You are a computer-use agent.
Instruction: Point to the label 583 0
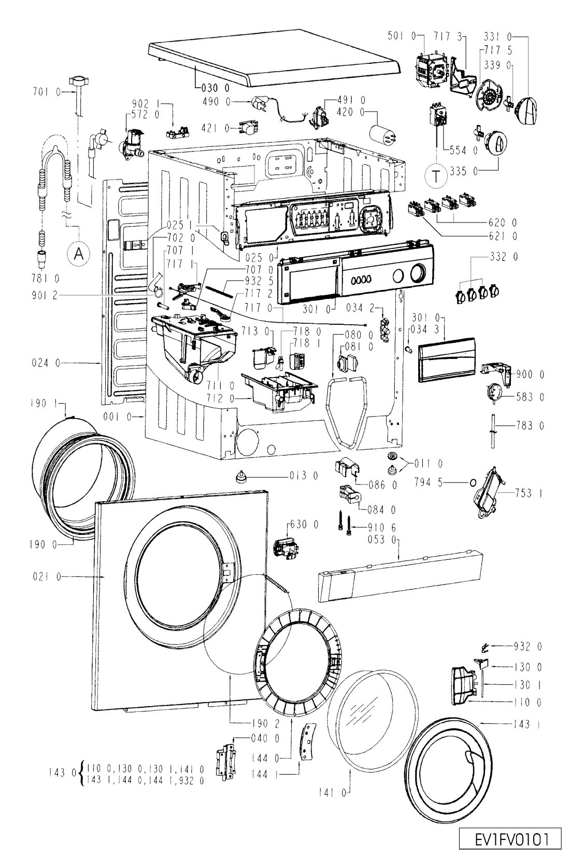(x=530, y=397)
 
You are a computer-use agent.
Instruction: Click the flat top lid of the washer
(x=275, y=63)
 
